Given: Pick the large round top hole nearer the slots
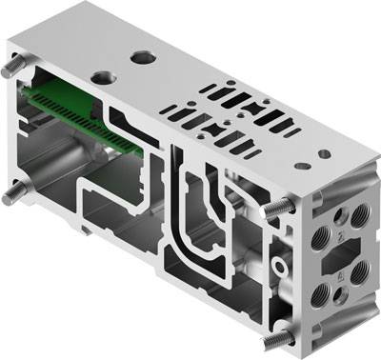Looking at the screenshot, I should [x=143, y=58].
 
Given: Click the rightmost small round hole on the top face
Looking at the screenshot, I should [x=325, y=153].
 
